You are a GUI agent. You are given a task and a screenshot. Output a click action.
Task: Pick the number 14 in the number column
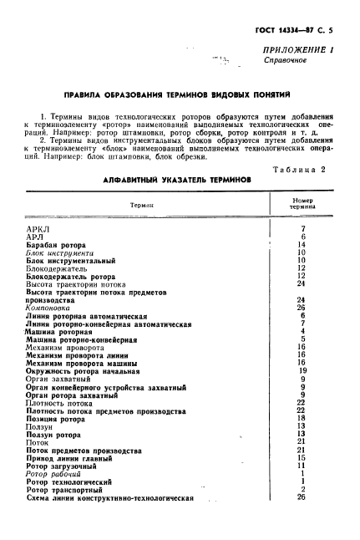click(302, 244)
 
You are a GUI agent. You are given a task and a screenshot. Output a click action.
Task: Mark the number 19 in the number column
click(302, 369)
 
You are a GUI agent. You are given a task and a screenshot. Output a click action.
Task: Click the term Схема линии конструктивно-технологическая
click(109, 497)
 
